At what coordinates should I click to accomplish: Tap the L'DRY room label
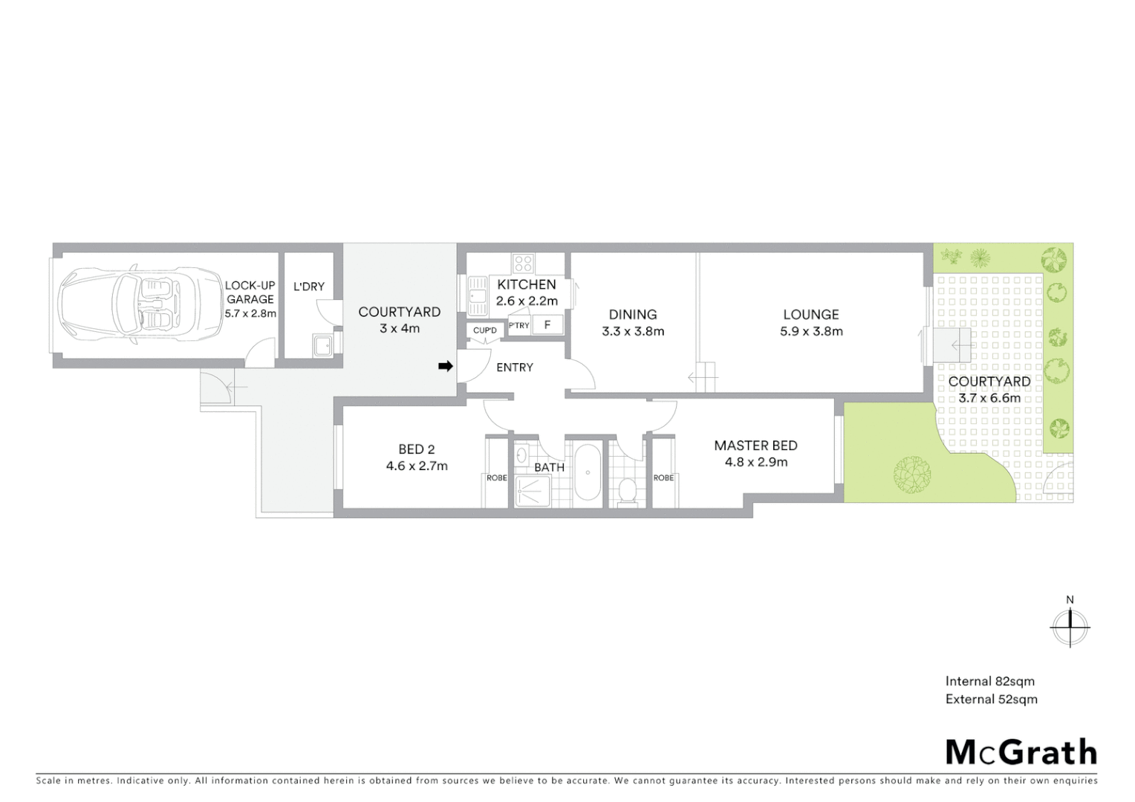[x=309, y=287]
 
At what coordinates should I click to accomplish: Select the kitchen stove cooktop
[x=523, y=263]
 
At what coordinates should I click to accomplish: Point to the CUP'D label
[x=484, y=330]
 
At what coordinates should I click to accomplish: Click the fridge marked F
[x=547, y=325]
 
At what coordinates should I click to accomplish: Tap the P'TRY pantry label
[x=518, y=325]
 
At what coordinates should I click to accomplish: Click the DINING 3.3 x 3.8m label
[x=633, y=322]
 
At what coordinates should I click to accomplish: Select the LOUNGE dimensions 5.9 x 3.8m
[x=811, y=331]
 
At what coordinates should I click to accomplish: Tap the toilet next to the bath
[x=628, y=490]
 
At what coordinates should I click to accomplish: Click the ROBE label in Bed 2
[x=496, y=477]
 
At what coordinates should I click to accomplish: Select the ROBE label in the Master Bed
[x=663, y=477]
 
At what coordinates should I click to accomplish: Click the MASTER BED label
[x=755, y=446]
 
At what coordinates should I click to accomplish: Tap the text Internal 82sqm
[x=989, y=681]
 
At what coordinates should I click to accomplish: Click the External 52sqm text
[x=991, y=699]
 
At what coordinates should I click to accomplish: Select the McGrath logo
[x=1021, y=752]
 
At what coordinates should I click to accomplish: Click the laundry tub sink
[x=322, y=346]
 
